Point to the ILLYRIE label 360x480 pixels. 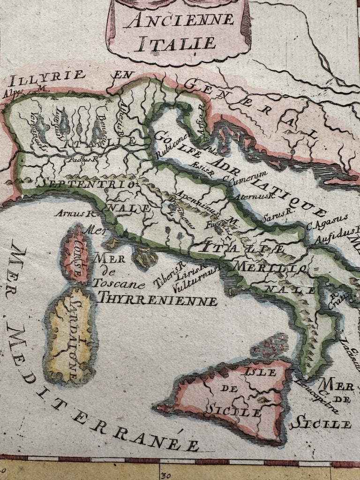point(45,75)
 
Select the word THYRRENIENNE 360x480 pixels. point(157,299)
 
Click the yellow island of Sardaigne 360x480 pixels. point(70,335)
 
